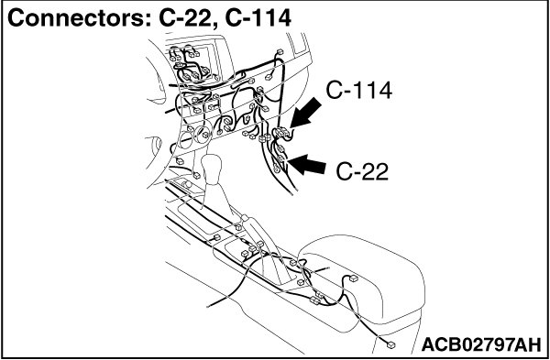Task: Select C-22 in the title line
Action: click(189, 18)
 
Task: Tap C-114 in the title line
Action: click(258, 18)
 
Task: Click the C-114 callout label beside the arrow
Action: click(358, 91)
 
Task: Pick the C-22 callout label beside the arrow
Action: click(362, 172)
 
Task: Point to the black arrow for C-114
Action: click(305, 113)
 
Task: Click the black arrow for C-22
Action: click(306, 164)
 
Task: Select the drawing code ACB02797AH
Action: click(481, 345)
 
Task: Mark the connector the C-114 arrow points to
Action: click(281, 133)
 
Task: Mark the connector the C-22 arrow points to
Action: click(281, 158)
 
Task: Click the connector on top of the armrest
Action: click(354, 278)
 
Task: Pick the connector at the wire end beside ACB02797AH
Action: click(390, 345)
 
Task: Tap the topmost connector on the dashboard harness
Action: click(280, 52)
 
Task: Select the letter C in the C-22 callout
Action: click(345, 172)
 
